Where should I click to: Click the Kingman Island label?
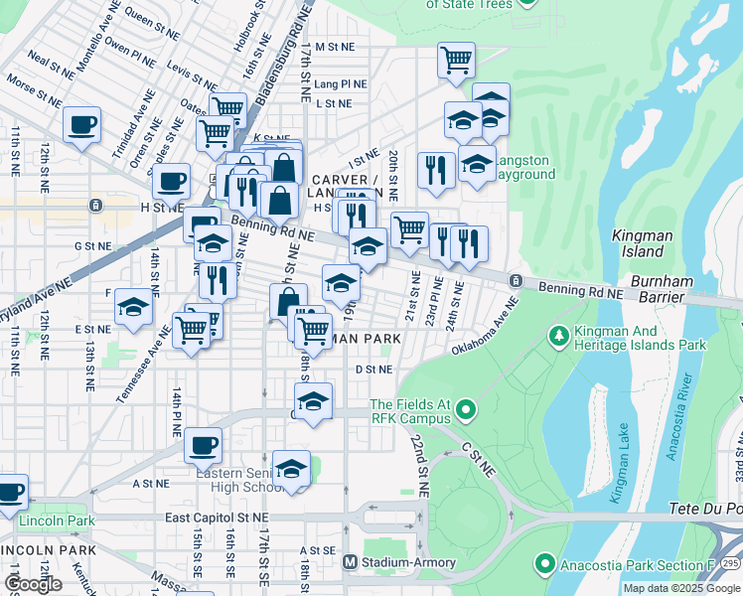644,244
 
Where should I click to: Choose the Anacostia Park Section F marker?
544,565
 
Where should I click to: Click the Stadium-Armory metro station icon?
349,563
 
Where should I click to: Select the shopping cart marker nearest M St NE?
456,60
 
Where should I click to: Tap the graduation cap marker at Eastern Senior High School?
291,469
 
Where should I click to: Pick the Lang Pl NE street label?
341,84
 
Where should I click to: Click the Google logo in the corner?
33,584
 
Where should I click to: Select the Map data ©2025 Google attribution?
681,588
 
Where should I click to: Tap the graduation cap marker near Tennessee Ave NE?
132,307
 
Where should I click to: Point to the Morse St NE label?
36,90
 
